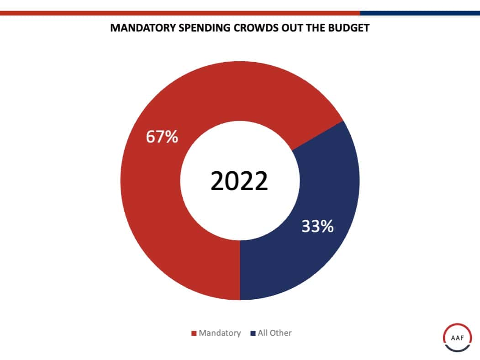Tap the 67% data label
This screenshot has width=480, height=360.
[162, 137]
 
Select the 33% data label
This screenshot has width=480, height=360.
[317, 226]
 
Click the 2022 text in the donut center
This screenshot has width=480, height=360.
[239, 181]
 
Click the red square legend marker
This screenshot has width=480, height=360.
[194, 334]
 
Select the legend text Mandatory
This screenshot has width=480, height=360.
[219, 333]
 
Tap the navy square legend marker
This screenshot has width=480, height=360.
[253, 334]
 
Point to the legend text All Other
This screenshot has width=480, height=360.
[274, 333]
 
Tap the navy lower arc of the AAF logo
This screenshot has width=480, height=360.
[458, 351]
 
